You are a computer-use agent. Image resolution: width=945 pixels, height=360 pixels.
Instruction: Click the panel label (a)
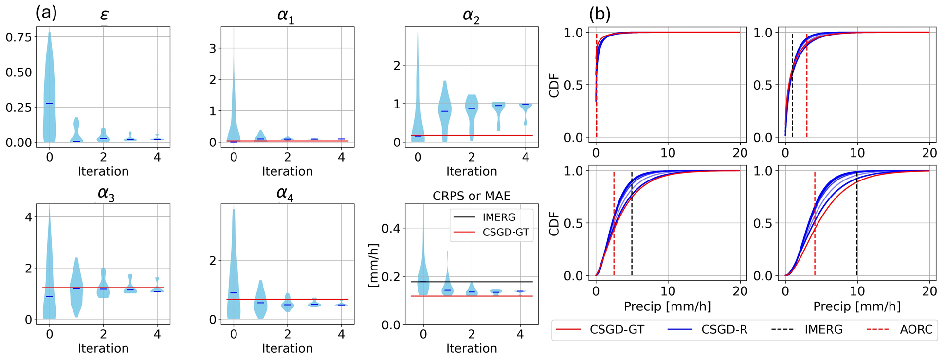pyautogui.click(x=46, y=13)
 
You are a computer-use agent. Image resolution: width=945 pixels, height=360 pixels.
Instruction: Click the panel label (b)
pyautogui.click(x=600, y=14)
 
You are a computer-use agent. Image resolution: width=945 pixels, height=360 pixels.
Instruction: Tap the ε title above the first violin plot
pyautogui.click(x=104, y=16)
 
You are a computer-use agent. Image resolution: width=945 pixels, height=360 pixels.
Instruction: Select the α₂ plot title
pyautogui.click(x=471, y=16)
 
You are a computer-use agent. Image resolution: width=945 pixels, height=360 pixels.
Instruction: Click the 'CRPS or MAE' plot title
pyautogui.click(x=471, y=196)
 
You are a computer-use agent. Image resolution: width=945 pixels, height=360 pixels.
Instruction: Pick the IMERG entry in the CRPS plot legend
pyautogui.click(x=499, y=217)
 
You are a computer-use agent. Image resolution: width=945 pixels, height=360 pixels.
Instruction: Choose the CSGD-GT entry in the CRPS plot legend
pyautogui.click(x=505, y=233)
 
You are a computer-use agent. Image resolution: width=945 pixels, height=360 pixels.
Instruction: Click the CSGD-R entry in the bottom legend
pyautogui.click(x=724, y=330)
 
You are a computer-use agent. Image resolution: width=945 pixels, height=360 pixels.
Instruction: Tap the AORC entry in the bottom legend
pyautogui.click(x=916, y=330)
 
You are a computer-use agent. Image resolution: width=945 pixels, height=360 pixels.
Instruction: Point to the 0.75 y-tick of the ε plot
pyautogui.click(x=18, y=37)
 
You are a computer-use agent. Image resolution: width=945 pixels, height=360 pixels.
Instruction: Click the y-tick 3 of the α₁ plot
pyautogui.click(x=213, y=49)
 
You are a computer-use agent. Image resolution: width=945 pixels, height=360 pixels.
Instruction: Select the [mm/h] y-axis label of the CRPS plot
pyautogui.click(x=374, y=265)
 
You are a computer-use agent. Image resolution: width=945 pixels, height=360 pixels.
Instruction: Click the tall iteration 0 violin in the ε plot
pyautogui.click(x=49, y=88)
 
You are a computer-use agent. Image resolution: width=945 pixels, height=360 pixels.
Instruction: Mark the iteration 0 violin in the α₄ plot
pyautogui.click(x=234, y=272)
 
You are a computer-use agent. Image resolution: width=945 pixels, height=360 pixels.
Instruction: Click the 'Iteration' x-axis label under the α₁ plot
pyautogui.click(x=287, y=171)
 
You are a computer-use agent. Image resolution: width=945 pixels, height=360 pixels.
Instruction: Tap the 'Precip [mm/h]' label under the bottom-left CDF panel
pyautogui.click(x=667, y=306)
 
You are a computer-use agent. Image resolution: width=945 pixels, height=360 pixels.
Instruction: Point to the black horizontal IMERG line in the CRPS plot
pyautogui.click(x=487, y=282)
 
